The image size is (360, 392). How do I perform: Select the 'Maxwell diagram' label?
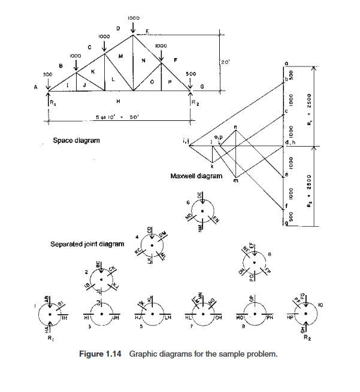click(196, 176)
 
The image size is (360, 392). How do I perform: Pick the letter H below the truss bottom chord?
click(118, 101)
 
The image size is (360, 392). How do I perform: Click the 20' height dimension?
click(225, 62)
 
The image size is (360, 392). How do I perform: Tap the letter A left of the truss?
click(35, 87)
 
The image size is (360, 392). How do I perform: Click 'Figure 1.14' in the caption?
click(101, 354)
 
